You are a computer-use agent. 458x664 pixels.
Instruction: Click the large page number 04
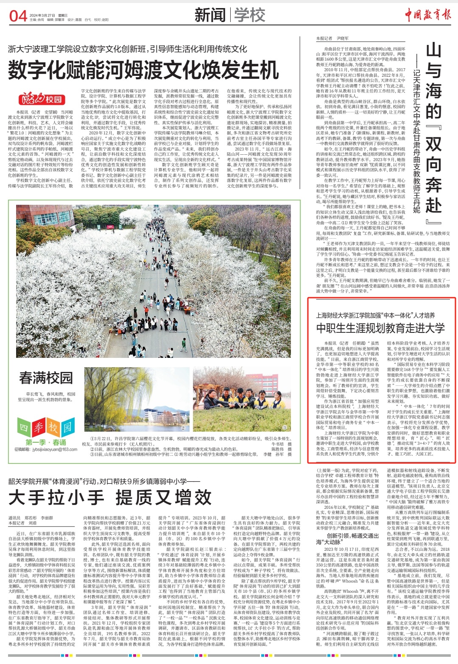click(18, 16)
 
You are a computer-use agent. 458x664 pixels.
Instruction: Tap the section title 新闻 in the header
click(210, 15)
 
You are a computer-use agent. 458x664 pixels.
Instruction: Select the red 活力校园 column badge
click(42, 100)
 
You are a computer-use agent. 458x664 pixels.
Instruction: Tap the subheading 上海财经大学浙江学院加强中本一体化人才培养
click(375, 315)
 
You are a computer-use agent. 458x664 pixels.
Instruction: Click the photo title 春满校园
click(46, 378)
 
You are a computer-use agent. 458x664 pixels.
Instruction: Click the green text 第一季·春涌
click(46, 442)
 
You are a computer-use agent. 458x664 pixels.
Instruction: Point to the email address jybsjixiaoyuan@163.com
click(46, 449)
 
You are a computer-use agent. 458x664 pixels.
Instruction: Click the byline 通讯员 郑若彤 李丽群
click(31, 518)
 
